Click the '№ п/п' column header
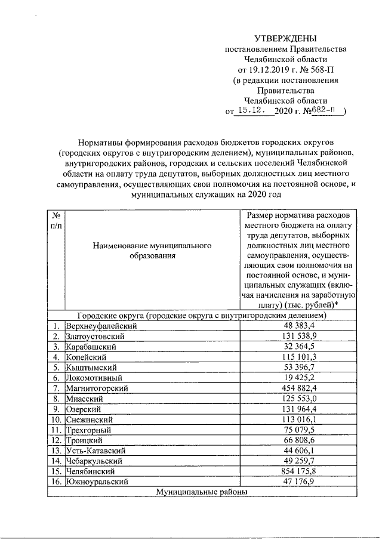click(x=55, y=220)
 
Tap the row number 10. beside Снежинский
click(x=55, y=419)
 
